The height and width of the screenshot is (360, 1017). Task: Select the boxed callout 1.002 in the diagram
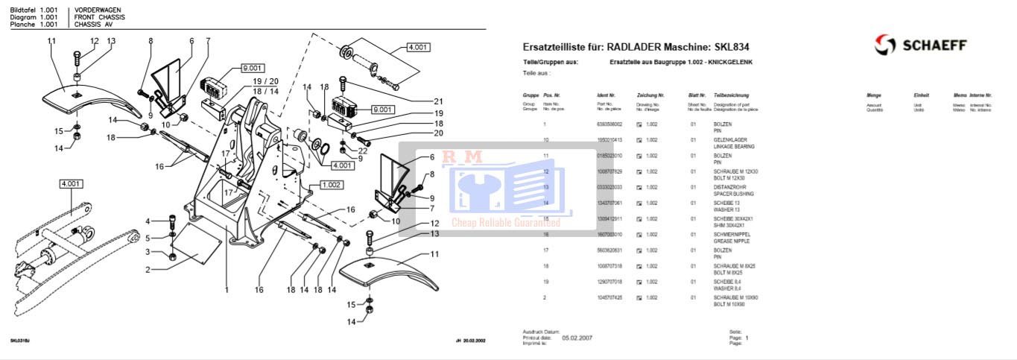click(x=332, y=184)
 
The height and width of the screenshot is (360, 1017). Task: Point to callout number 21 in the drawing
click(x=438, y=101)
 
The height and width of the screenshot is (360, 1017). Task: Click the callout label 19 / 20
click(x=265, y=81)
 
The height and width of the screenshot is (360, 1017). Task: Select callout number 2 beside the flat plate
click(x=148, y=270)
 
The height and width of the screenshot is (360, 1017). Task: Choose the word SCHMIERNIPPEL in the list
click(x=732, y=234)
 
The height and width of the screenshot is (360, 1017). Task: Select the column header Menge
click(x=874, y=96)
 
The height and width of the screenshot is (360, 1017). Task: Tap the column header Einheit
click(x=921, y=96)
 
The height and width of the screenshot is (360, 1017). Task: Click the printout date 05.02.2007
click(x=577, y=338)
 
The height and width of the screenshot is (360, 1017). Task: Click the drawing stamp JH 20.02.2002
click(x=470, y=341)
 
